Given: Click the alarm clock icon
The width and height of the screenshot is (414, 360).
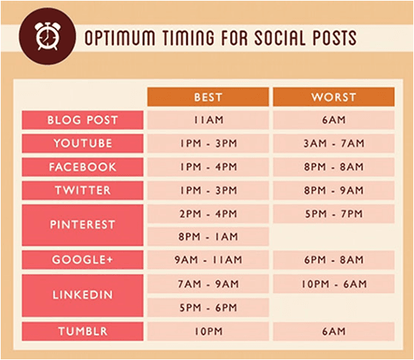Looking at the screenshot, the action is point(47,36).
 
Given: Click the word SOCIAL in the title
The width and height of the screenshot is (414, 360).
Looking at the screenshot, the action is point(281,38).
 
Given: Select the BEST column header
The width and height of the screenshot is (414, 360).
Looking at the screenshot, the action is point(208,97).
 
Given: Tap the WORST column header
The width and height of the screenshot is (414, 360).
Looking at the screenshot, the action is point(334,97).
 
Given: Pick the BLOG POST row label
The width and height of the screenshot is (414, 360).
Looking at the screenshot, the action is point(83,120).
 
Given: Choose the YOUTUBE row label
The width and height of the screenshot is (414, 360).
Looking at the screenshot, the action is point(83,144).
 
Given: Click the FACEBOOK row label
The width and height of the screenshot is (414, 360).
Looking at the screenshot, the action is point(83,167).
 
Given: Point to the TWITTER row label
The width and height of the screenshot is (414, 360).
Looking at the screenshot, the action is point(83,190).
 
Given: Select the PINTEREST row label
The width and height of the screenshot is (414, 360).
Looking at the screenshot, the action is point(83,225).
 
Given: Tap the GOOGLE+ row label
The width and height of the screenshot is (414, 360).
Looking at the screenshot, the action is point(83,260).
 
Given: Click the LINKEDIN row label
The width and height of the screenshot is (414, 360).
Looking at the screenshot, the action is point(83,295).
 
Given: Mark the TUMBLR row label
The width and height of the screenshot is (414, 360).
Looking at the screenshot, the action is point(83,331).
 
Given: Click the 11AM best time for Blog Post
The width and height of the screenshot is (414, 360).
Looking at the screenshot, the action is point(208,120).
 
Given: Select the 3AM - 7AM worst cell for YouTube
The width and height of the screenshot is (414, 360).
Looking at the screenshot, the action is point(334,144).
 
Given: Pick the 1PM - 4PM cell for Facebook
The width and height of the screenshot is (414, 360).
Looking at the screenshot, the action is point(208,167).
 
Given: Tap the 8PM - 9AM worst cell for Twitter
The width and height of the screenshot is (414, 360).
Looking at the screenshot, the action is point(334,190).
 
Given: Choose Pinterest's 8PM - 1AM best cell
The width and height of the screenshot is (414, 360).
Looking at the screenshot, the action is point(208,237).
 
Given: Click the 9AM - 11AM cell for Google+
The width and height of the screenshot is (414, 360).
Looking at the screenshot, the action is point(208,260).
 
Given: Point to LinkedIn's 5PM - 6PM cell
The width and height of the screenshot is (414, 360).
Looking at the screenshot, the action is point(208,307).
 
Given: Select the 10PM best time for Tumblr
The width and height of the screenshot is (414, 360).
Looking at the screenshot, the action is point(208,331).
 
